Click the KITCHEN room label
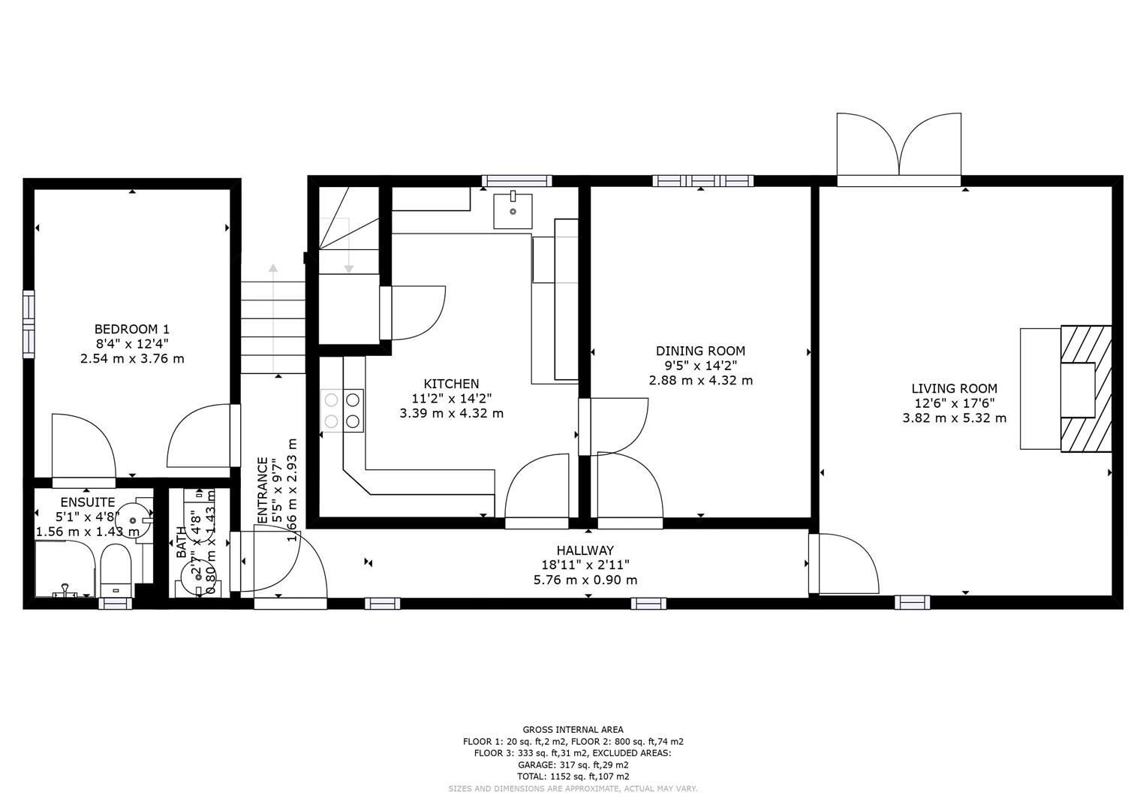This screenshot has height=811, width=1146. click(x=451, y=384)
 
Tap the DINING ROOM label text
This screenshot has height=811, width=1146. click(x=700, y=351)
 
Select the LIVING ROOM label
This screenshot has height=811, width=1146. click(x=954, y=388)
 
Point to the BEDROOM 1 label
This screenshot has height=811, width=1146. click(x=131, y=329)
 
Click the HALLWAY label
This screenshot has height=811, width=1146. click(x=585, y=550)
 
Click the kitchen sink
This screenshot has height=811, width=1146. click(x=513, y=210)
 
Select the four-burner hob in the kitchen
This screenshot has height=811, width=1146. click(x=342, y=411)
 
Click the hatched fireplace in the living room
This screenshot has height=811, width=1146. click(x=1085, y=389)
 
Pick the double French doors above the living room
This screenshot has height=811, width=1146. click(x=898, y=147)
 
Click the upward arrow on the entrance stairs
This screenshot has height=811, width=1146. click(x=273, y=268)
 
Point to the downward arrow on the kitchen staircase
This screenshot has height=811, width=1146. click(x=348, y=269)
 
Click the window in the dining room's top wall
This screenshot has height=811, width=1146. click(x=702, y=180)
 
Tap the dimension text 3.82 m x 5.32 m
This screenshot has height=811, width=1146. click(x=954, y=418)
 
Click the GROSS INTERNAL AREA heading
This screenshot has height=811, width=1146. click(x=572, y=729)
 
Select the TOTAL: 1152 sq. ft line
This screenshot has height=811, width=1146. click(x=572, y=776)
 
